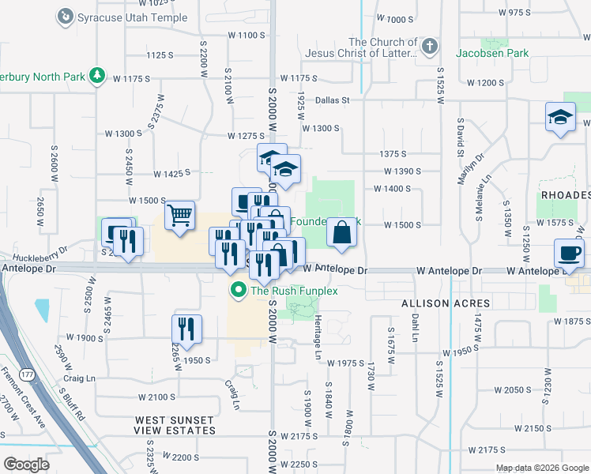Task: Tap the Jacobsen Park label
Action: [492, 53]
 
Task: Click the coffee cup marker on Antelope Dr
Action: [569, 254]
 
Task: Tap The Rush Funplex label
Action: [294, 291]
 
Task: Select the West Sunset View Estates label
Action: [175, 425]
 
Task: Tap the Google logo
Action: [26, 465]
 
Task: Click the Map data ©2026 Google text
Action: [542, 468]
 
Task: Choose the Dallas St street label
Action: [332, 100]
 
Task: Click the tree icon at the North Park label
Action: [98, 76]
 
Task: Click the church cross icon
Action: [429, 47]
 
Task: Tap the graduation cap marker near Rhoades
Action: [560, 118]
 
